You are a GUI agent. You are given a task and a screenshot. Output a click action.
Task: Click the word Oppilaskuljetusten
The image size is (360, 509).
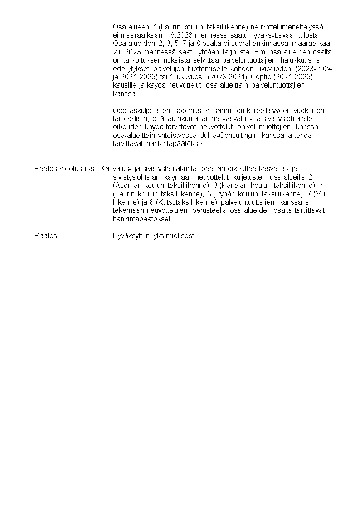(x=141, y=111)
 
